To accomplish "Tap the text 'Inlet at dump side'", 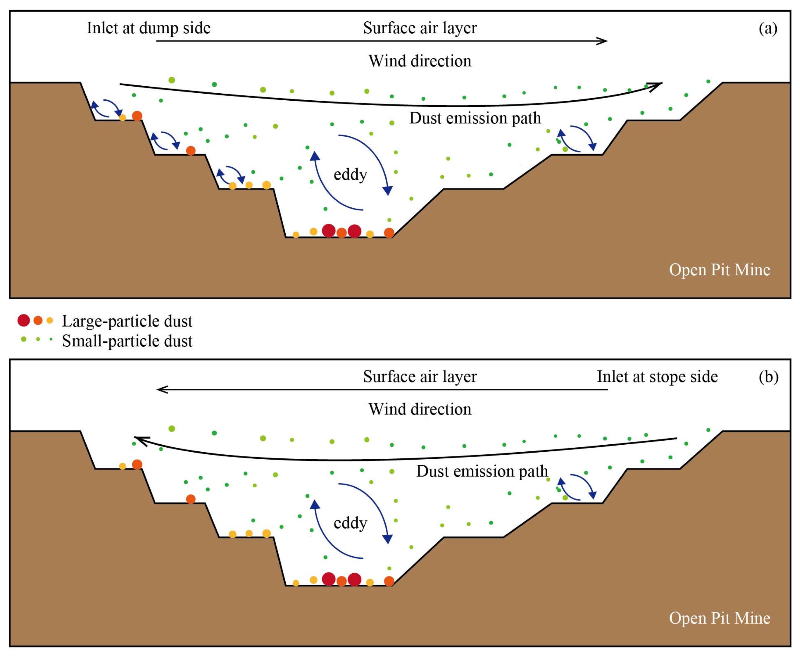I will [x=148, y=28].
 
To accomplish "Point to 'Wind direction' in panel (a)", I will [x=420, y=61].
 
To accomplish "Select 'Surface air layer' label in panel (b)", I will [x=420, y=376].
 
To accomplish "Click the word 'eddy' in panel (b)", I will [x=350, y=523].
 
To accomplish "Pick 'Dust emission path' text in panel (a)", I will [x=475, y=118].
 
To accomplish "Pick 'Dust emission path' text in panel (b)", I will [x=482, y=471].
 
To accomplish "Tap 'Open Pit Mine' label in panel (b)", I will [x=719, y=618].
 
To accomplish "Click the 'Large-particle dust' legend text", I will [x=127, y=321].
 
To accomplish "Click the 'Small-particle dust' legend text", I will [x=127, y=341].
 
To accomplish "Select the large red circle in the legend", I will [x=23, y=321].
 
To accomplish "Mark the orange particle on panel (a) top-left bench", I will [x=137, y=116].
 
